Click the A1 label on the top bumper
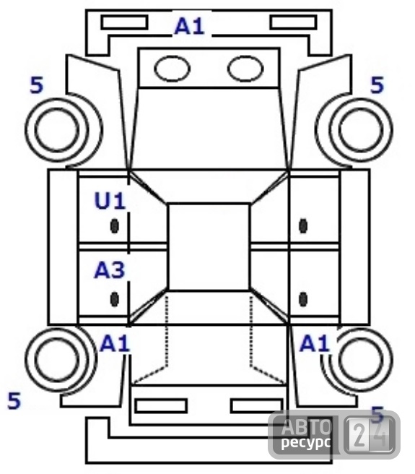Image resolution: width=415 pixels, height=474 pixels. click(190, 26)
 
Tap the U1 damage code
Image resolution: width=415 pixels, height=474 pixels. click(110, 200)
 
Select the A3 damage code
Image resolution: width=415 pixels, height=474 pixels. click(110, 270)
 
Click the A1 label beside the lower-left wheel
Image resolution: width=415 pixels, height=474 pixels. click(115, 343)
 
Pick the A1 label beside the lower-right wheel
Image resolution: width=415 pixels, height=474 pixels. click(315, 343)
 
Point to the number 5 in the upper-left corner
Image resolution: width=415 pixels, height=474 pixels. click(37, 85)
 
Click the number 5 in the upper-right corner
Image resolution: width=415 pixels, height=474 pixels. click(377, 85)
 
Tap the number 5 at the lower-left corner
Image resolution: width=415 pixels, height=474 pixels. click(14, 400)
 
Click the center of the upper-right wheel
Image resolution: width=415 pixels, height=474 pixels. click(361, 129)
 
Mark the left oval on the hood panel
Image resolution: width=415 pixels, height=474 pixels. click(172, 69)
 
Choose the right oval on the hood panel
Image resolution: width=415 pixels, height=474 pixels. click(245, 69)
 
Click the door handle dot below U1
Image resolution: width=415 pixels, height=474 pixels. click(114, 226)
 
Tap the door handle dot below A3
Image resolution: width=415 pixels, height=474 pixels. click(114, 299)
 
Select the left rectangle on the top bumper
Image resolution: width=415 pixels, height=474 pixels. click(124, 22)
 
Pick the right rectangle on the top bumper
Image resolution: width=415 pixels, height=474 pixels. click(293, 22)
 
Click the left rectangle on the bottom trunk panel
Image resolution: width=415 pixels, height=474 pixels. click(161, 406)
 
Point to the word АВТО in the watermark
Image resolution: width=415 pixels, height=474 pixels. click(306, 426)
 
